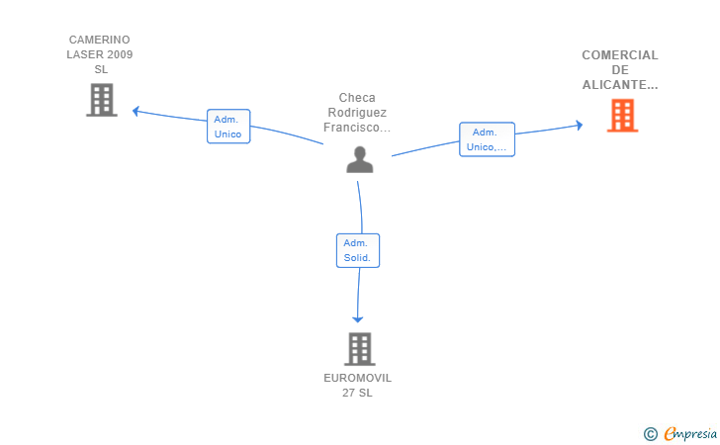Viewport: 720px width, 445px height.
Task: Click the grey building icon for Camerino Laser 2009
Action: [x=102, y=100]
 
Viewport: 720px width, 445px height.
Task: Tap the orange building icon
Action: [x=622, y=116]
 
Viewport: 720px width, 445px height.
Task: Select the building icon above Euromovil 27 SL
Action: [x=360, y=349]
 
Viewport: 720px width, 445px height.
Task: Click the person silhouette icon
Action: [x=360, y=159]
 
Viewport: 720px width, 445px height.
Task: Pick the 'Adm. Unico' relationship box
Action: [x=228, y=127]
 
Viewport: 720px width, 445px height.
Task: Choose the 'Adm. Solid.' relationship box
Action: [x=358, y=250]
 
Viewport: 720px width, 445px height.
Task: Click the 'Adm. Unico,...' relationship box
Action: [x=487, y=139]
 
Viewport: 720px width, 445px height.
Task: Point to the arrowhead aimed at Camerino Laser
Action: [x=135, y=111]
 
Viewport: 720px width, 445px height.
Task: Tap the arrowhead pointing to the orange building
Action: [x=580, y=125]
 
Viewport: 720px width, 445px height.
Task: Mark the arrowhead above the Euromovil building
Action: [x=358, y=319]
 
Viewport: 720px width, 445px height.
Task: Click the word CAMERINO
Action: [x=99, y=40]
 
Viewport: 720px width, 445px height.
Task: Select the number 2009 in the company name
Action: [x=120, y=54]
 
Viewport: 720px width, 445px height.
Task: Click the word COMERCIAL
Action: [x=620, y=55]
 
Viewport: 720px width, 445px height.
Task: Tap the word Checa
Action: [x=357, y=98]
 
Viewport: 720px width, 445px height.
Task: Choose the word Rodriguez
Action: [x=357, y=113]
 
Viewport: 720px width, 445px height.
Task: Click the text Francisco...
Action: [x=351, y=128]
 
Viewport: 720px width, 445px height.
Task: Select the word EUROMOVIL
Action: [x=357, y=378]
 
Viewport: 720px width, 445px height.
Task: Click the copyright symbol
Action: [x=650, y=434]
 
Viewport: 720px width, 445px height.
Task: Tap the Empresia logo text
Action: [x=690, y=433]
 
